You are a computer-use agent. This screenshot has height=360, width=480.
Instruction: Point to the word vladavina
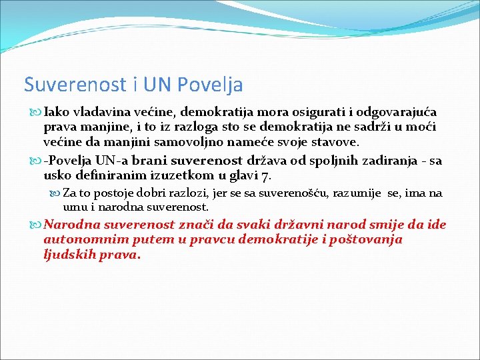(x=101, y=113)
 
